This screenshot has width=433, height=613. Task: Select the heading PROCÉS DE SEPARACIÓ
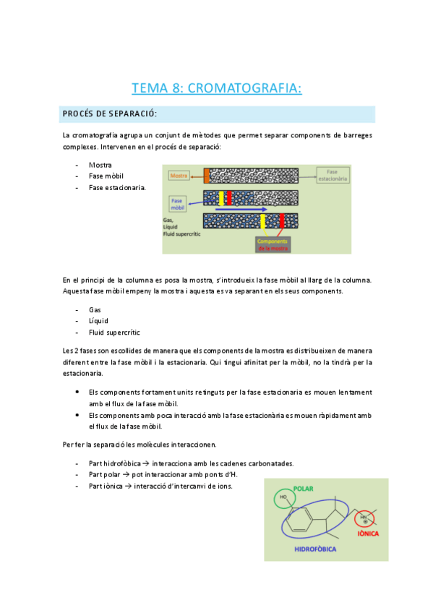click(110, 115)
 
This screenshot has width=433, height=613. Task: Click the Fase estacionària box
click(338, 174)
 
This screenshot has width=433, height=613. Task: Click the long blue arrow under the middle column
click(239, 210)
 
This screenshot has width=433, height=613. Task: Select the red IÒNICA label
click(368, 533)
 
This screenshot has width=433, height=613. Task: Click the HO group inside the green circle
click(283, 498)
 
